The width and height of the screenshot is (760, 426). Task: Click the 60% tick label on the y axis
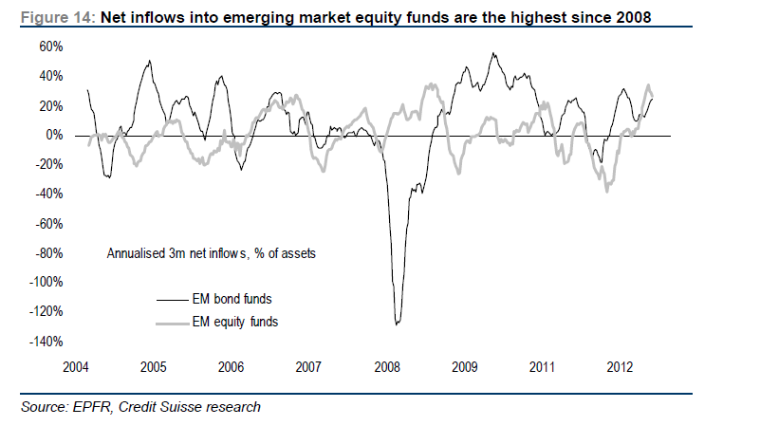point(50,46)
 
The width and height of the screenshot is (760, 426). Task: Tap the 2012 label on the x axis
point(619,367)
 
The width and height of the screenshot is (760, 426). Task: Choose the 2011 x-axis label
point(541,367)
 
